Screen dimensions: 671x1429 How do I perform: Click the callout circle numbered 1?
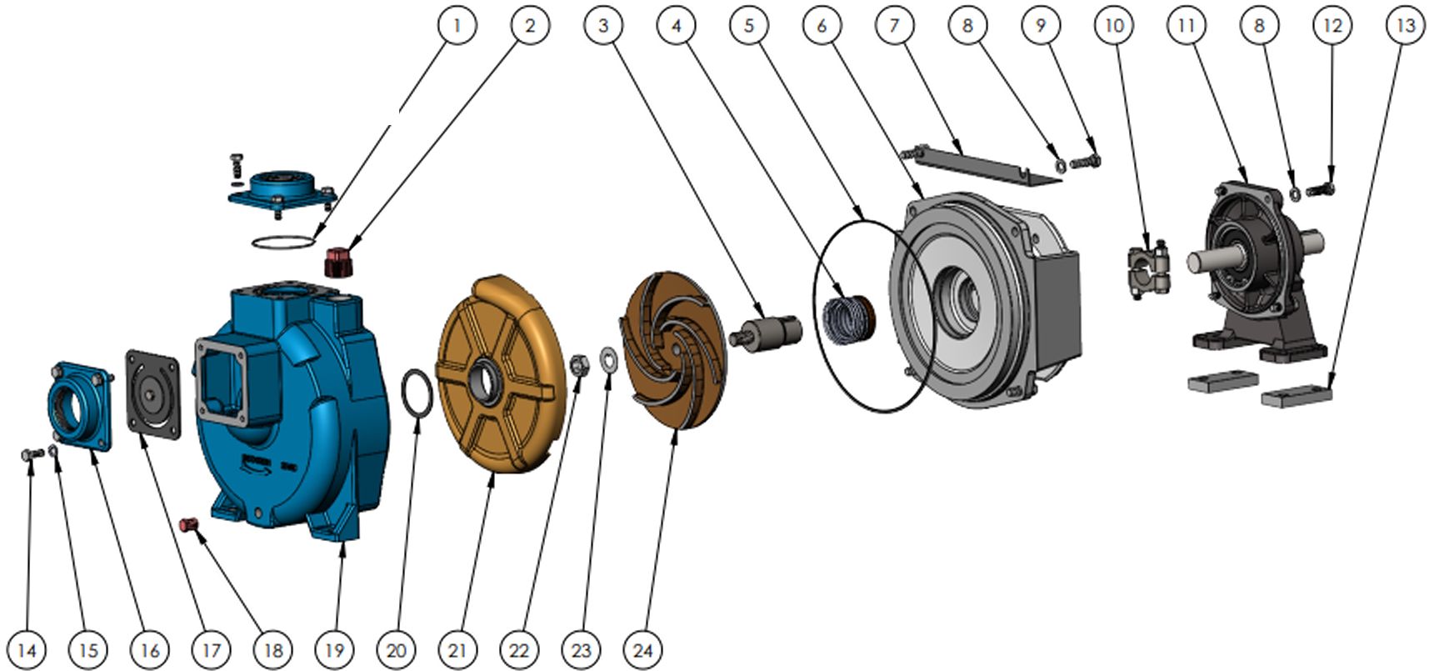click(x=456, y=25)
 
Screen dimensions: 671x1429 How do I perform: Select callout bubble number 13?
click(x=1406, y=25)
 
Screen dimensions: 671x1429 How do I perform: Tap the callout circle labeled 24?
click(x=642, y=649)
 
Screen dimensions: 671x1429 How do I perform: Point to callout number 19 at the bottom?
click(x=334, y=649)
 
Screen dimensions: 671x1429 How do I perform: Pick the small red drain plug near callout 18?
click(x=188, y=525)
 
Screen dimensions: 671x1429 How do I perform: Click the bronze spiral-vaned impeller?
click(x=675, y=350)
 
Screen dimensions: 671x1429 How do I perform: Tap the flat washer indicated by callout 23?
click(x=608, y=359)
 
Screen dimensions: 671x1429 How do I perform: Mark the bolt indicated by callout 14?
click(x=32, y=454)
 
